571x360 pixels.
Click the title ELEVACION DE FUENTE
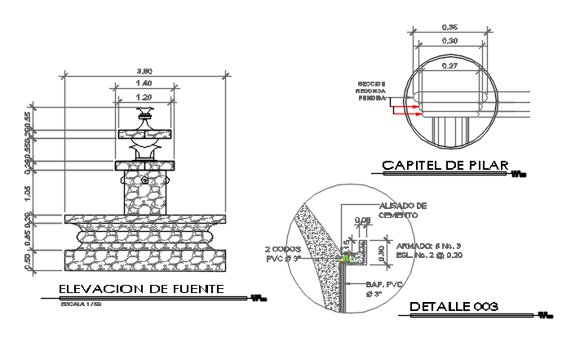(x=141, y=289)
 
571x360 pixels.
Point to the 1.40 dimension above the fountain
(x=144, y=83)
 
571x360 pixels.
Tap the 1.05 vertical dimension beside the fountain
(x=51, y=192)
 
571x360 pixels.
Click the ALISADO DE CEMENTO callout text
(x=402, y=211)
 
